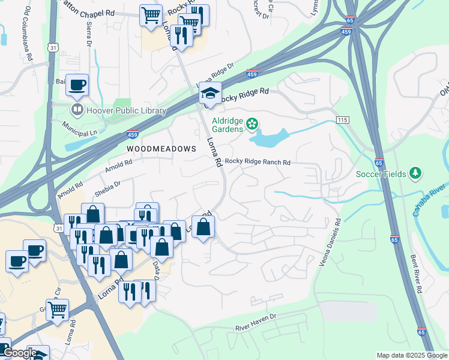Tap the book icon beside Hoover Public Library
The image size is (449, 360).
pos(77,109)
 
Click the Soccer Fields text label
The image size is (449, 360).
pos(381,174)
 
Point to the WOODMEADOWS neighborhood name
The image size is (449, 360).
pos(161,148)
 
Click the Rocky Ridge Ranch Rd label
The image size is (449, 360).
pos(258,163)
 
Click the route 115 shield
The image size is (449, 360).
pos(342,121)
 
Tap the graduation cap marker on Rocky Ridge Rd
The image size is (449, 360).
pos(210,94)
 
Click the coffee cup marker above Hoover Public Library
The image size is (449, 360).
pos(77,85)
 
